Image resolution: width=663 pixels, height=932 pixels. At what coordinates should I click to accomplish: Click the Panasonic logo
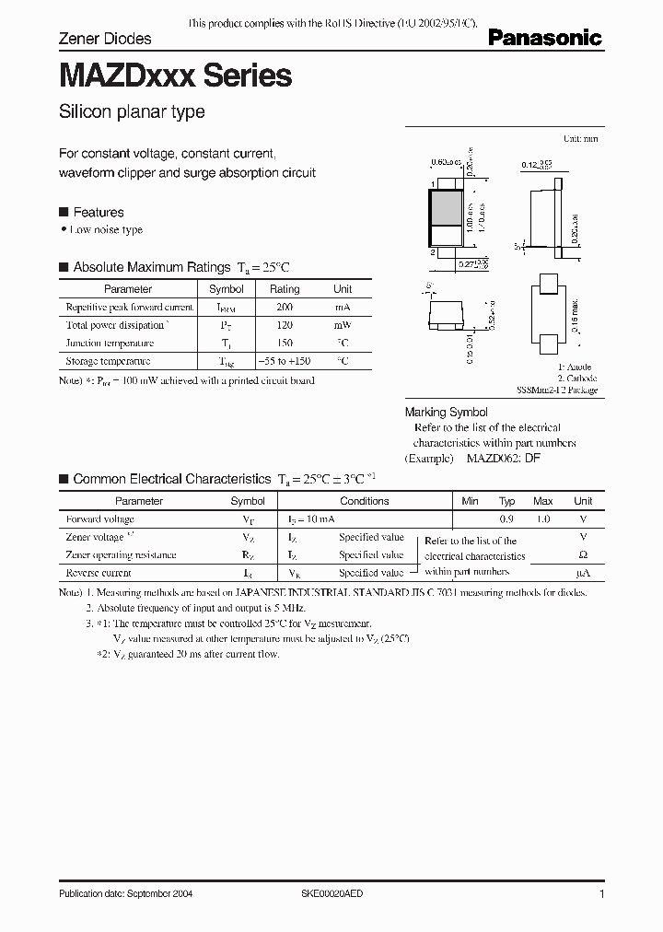tap(544, 38)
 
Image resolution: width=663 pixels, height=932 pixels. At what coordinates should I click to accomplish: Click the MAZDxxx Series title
tap(176, 76)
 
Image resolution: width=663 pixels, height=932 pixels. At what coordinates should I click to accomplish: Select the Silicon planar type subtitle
tap(132, 112)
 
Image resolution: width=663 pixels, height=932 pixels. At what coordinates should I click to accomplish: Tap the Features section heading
tap(98, 212)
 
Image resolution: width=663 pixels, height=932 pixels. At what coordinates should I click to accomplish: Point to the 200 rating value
tap(285, 307)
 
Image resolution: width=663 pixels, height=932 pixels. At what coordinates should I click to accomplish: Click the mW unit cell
tap(343, 325)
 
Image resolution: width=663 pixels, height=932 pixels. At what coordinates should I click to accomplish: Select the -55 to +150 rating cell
tap(285, 362)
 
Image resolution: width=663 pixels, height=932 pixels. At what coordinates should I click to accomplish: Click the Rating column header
tap(285, 289)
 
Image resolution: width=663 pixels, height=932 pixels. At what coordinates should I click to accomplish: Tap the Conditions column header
tap(365, 501)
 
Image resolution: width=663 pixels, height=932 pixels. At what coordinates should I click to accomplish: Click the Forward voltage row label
tap(100, 519)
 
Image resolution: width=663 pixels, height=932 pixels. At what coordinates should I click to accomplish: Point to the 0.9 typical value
tap(506, 519)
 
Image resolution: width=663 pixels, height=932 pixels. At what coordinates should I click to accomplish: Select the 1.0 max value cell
tap(543, 519)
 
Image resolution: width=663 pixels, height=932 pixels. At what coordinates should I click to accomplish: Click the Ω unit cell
tap(582, 555)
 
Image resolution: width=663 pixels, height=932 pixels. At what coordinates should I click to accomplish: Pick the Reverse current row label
tap(99, 574)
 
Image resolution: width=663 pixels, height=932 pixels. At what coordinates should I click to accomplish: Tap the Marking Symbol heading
tap(447, 413)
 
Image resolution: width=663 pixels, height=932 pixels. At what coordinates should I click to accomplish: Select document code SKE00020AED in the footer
tap(333, 894)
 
